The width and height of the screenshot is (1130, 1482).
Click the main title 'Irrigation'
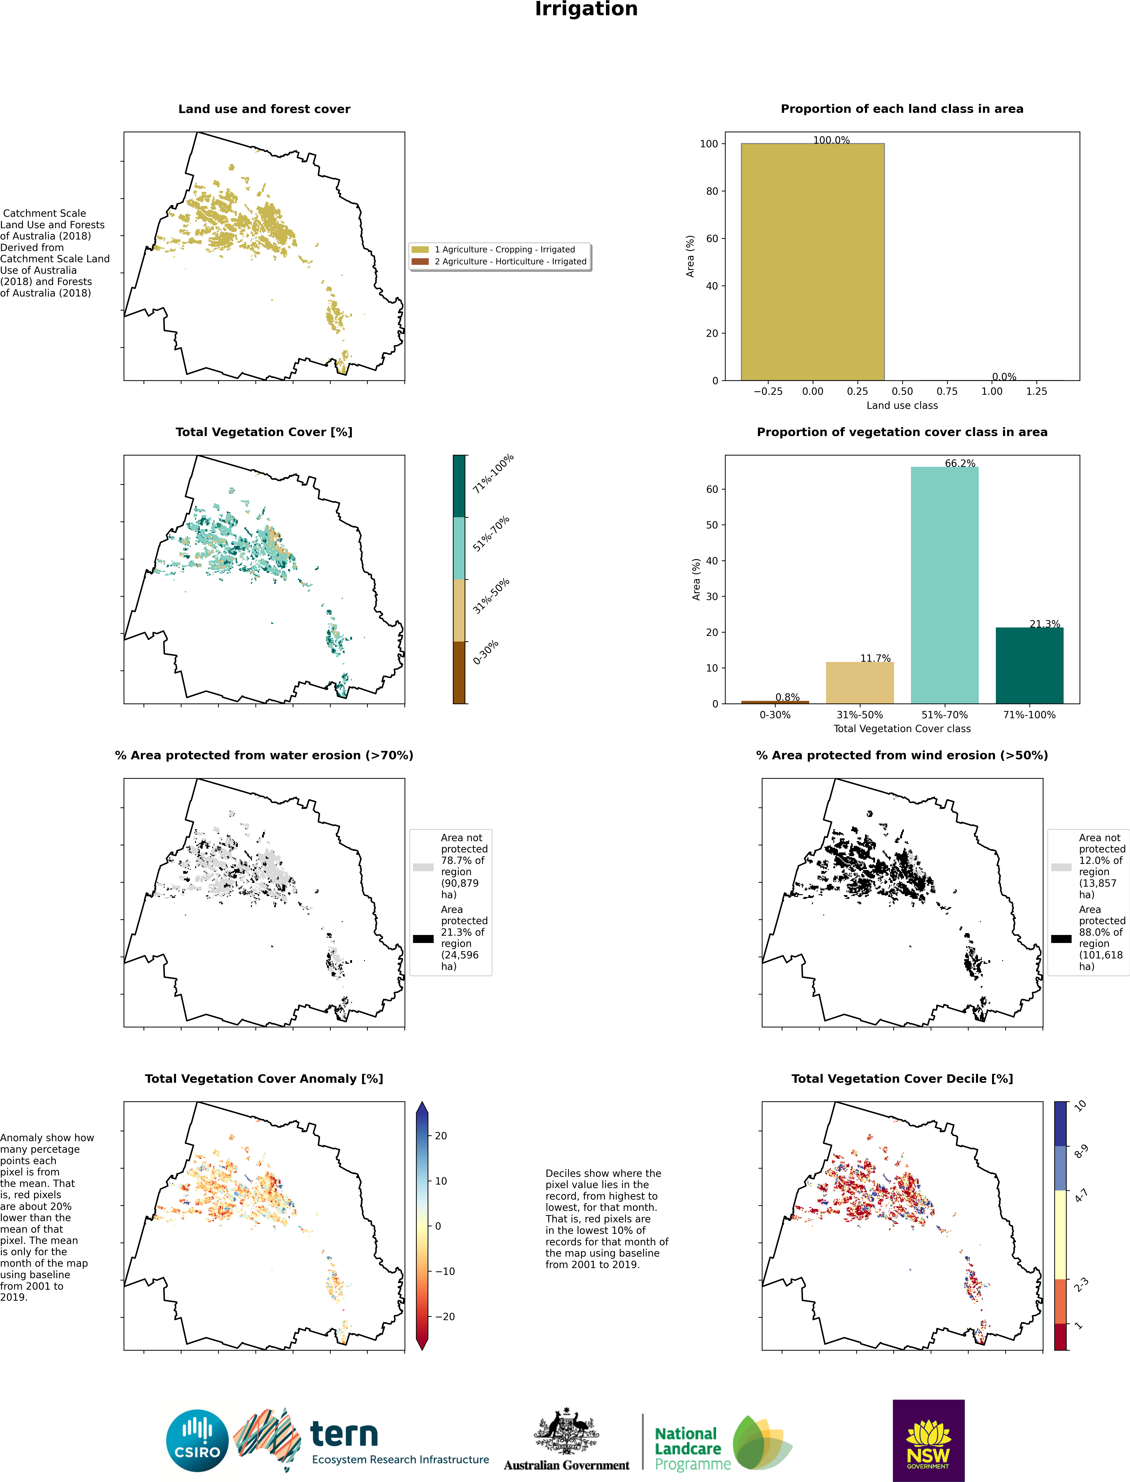click(x=586, y=9)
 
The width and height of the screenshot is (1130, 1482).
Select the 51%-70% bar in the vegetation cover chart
click(x=944, y=585)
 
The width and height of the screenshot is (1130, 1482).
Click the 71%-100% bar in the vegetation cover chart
click(x=1029, y=665)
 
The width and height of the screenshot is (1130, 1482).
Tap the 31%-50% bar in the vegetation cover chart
click(x=860, y=683)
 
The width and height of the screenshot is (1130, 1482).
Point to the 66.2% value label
click(x=960, y=463)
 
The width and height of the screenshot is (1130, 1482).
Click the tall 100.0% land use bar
click(x=812, y=262)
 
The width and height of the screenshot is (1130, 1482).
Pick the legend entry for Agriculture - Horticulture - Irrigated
click(x=500, y=262)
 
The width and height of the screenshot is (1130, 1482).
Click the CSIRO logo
click(x=197, y=1440)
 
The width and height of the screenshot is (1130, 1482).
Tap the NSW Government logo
click(x=928, y=1440)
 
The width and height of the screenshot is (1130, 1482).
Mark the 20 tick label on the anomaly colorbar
click(x=441, y=1136)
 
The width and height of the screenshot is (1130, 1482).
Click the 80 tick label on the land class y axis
click(x=712, y=191)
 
